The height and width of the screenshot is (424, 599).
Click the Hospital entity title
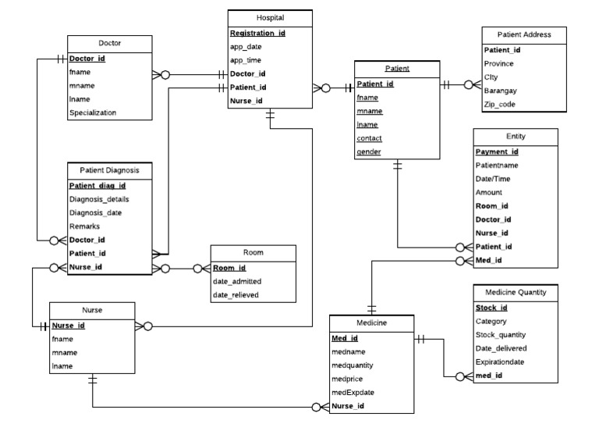(x=270, y=17)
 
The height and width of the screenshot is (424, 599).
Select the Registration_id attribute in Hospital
(x=257, y=34)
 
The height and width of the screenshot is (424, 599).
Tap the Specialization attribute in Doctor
(x=93, y=112)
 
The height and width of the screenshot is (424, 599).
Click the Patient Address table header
(x=525, y=34)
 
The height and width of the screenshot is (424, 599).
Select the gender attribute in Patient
(x=369, y=151)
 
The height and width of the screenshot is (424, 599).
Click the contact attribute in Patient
(x=370, y=138)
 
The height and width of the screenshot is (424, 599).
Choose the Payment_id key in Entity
(x=497, y=152)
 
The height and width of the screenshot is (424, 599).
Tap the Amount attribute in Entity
(x=488, y=192)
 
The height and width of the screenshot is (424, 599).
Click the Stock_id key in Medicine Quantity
(x=491, y=308)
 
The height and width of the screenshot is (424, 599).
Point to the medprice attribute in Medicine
(x=348, y=379)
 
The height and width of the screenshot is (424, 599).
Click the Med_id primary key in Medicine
(x=345, y=339)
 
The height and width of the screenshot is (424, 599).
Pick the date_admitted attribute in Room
(x=236, y=281)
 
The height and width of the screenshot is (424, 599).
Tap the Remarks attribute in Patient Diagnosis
(x=84, y=226)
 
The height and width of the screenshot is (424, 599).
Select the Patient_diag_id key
(x=97, y=186)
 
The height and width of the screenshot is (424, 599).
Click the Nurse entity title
(x=93, y=310)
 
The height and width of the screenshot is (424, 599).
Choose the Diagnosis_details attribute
(x=101, y=199)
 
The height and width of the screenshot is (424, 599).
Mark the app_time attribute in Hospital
(x=246, y=60)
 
